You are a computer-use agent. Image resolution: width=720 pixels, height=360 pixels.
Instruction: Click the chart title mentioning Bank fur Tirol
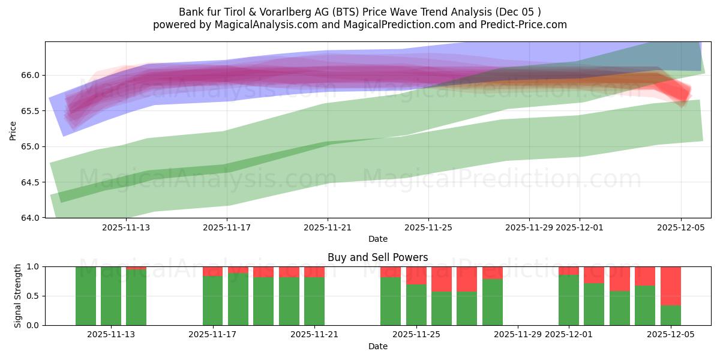point(360,12)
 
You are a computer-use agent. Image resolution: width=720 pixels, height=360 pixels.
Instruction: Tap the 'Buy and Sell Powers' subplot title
point(377,257)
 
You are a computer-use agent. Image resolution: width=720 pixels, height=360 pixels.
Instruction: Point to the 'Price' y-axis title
point(13,130)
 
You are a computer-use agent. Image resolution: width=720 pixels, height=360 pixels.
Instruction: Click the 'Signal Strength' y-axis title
point(18,296)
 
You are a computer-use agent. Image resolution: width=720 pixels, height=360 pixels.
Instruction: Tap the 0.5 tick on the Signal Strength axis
point(34,296)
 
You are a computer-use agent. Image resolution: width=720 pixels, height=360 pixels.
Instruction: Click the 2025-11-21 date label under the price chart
point(328,227)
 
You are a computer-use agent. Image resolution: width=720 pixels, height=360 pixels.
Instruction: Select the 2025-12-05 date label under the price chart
point(680,227)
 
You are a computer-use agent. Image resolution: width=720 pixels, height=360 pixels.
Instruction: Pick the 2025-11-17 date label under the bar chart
point(212,335)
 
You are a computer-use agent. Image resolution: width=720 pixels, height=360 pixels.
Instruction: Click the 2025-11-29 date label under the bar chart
point(518,335)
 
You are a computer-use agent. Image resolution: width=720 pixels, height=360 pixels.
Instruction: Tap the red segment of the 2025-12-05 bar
point(671,286)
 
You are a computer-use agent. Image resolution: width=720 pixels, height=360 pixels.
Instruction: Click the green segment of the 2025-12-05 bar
point(671,316)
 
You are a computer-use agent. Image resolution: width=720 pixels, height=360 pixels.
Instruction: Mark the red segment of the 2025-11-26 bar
point(442,279)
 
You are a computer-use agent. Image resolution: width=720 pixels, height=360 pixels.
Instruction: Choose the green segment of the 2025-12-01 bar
point(569,300)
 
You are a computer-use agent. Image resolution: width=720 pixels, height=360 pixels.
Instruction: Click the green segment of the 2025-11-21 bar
point(314,301)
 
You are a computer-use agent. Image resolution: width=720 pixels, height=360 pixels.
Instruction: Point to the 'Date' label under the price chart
point(377,239)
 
